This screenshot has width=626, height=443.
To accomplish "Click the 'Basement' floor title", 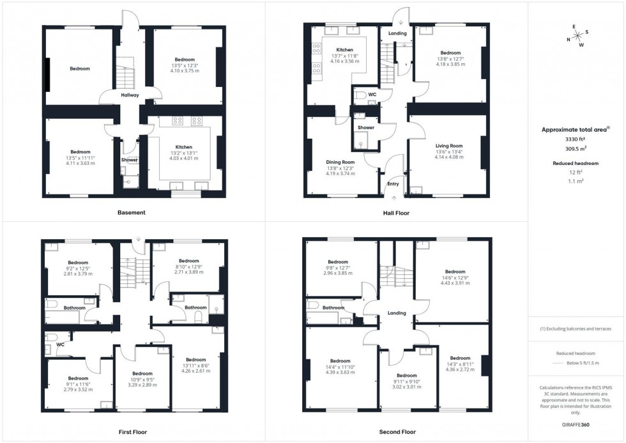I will coord(131,212).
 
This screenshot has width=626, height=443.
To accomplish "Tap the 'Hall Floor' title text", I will coord(397,213).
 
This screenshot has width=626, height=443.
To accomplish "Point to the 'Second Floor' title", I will coord(397,432).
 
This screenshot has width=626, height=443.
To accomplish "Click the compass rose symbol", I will coord(577,36).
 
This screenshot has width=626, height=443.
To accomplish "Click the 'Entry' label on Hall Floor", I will coord(393,184).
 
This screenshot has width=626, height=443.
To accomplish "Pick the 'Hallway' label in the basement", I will coord(130,95).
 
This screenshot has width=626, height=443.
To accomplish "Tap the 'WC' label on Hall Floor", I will coord(372,95).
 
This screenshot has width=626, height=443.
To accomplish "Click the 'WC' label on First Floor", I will coord(60,345).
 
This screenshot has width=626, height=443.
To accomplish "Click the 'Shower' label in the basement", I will coord(130,160).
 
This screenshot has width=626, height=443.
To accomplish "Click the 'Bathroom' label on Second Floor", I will coord(333,307).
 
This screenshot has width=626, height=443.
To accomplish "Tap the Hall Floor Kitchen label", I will coord(345,50).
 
